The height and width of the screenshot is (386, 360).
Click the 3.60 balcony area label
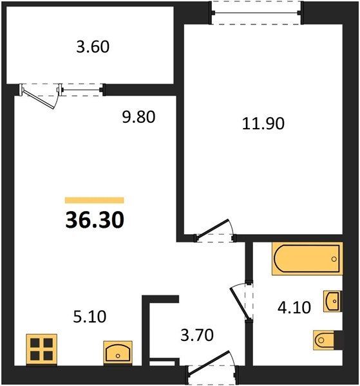93,47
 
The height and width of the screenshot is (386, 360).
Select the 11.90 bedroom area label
263,124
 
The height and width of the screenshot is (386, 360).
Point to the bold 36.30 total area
95,220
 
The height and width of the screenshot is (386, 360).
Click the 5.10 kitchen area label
90,317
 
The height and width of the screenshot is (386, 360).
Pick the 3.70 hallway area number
197,335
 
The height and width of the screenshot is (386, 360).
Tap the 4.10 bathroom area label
294,308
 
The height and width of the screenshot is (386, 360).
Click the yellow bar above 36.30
95,200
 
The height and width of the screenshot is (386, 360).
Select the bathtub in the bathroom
307,259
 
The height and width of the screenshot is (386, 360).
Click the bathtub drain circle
334,259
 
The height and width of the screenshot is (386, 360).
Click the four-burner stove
42,350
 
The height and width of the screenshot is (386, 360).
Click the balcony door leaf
38,100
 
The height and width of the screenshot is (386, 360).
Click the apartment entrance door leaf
209,363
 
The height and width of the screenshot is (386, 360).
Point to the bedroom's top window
256,13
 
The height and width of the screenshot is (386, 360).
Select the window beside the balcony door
81,89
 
